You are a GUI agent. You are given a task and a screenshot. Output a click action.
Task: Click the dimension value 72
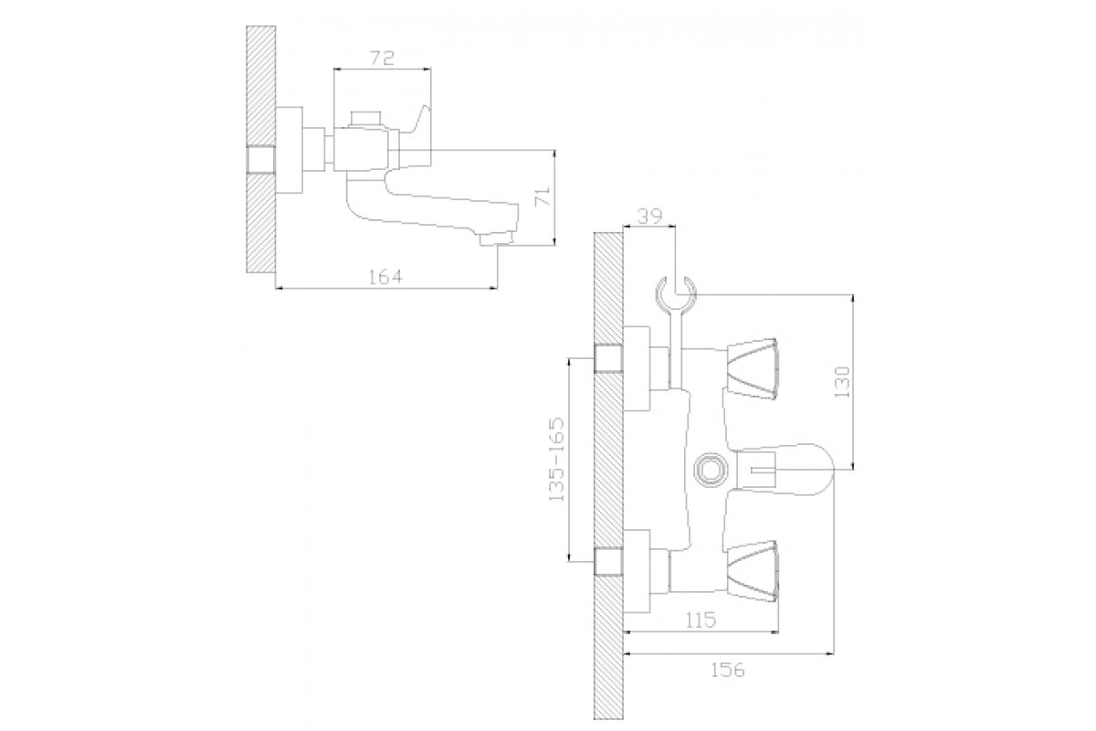(382, 58)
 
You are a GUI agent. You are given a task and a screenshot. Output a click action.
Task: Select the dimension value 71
(543, 196)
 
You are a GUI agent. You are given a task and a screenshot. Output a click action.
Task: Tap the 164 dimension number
(386, 277)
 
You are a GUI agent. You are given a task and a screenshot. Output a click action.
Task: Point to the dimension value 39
(649, 216)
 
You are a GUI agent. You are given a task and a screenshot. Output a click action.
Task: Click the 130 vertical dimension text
(844, 381)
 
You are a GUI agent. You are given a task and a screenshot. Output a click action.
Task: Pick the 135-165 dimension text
(556, 460)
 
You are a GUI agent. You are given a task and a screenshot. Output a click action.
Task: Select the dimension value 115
(701, 620)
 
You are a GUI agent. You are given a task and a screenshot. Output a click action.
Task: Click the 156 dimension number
(728, 669)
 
